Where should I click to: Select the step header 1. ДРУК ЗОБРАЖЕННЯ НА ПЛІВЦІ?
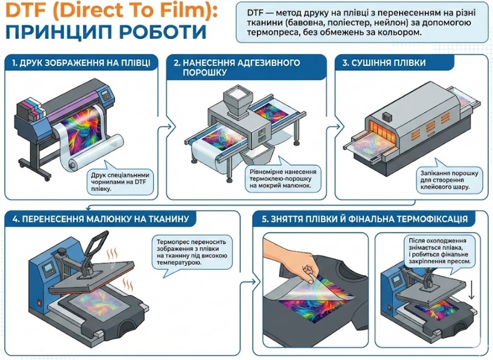pyautogui.click(x=81, y=63)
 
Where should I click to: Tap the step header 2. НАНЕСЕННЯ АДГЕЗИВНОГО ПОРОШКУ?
pyautogui.click(x=237, y=67)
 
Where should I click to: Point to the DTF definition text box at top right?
pyautogui.click(x=361, y=23)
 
